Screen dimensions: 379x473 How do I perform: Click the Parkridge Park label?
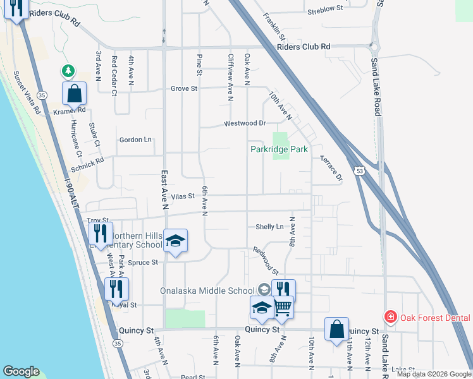point(279,150)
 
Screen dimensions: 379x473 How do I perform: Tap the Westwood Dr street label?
point(245,124)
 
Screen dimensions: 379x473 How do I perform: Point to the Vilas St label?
point(181,196)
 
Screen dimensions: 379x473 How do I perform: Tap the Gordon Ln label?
point(136,140)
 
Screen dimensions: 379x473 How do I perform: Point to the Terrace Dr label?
point(331,167)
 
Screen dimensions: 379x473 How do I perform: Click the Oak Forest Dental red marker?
point(391,317)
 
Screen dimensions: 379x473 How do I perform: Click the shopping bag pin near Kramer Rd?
point(74,95)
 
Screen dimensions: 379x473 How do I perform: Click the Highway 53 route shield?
point(359,172)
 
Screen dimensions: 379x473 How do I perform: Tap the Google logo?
point(21,371)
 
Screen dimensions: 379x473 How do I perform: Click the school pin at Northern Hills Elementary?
point(175,241)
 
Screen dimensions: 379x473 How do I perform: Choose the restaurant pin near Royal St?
point(116,289)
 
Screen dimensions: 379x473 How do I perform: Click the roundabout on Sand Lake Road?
point(375,45)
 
